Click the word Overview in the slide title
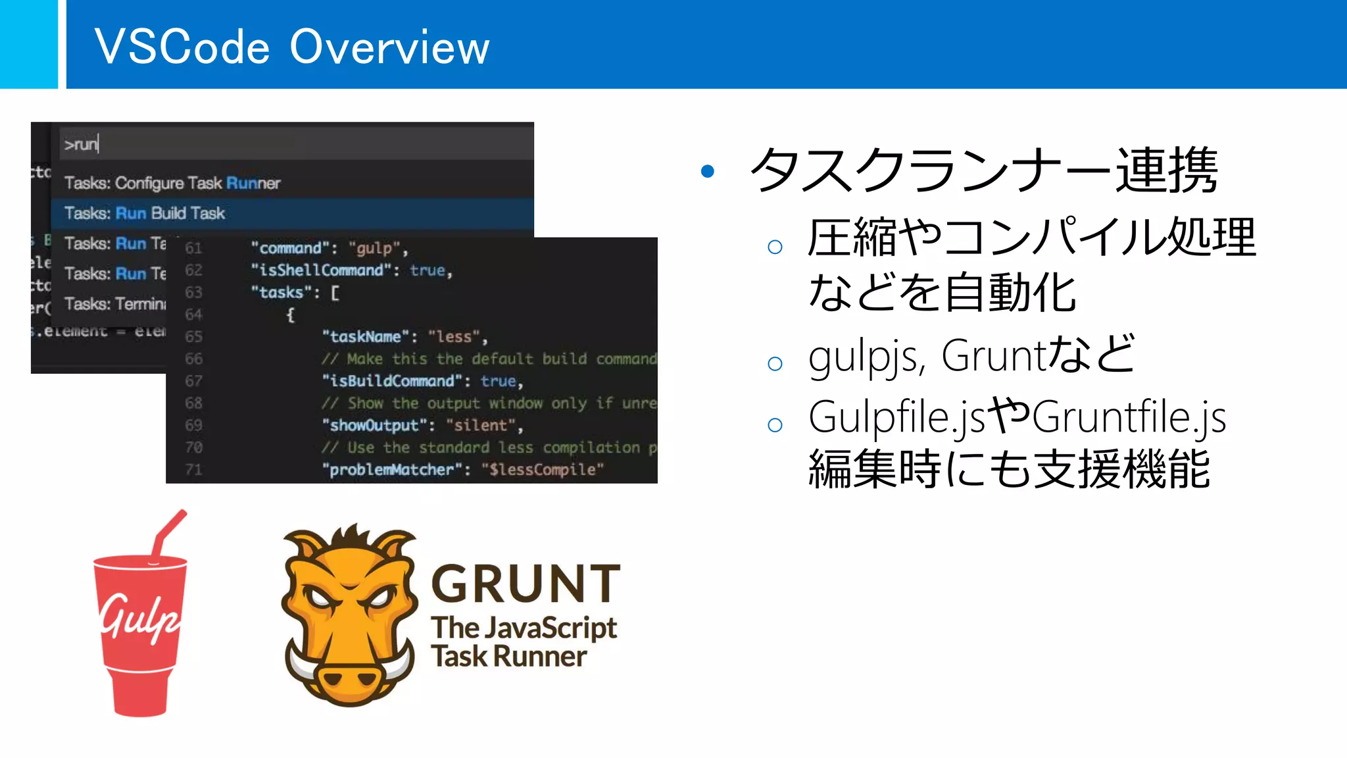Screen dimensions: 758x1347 (389, 47)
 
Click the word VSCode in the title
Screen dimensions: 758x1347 (182, 47)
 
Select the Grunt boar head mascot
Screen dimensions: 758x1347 (349, 615)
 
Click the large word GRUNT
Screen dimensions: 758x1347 (526, 584)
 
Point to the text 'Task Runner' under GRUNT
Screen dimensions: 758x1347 (508, 657)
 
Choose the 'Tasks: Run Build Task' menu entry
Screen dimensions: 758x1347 (145, 213)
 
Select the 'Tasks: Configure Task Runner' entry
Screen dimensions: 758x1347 (172, 183)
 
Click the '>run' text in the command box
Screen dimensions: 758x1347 (81, 144)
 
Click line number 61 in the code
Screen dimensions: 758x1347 (193, 248)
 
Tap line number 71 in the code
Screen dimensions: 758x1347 (193, 470)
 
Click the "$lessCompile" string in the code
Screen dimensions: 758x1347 (543, 470)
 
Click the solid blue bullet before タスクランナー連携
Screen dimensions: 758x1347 (708, 172)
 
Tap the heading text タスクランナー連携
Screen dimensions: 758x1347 (983, 170)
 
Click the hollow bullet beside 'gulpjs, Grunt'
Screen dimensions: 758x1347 (775, 363)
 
